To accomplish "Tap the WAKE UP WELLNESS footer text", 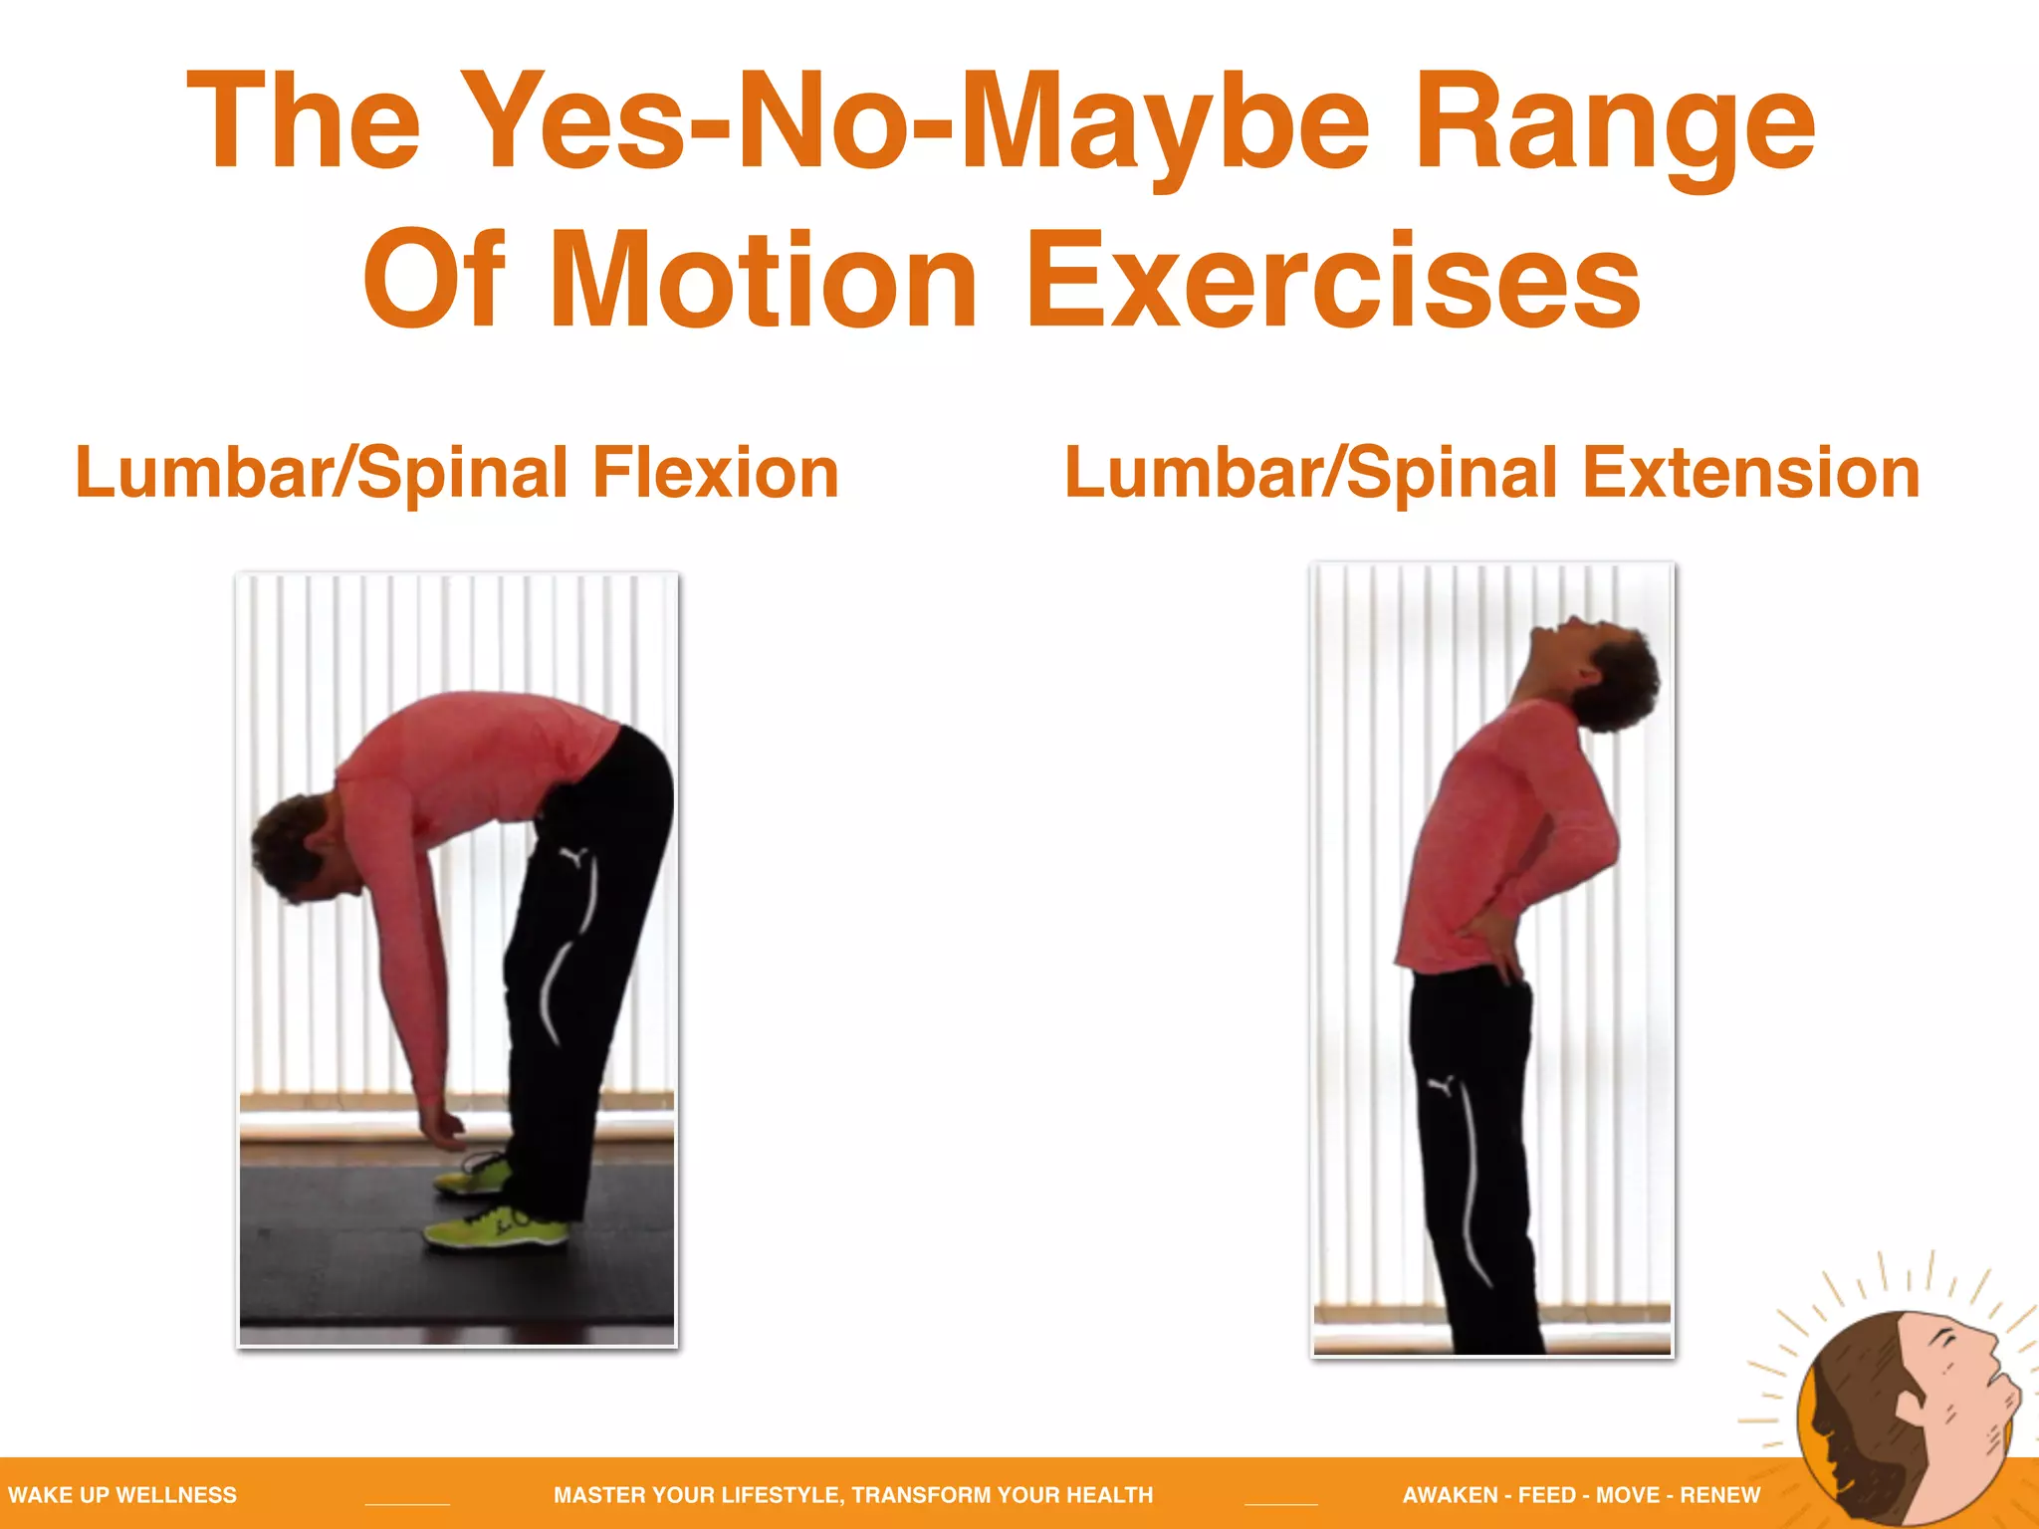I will pyautogui.click(x=122, y=1494).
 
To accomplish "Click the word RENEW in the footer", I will pyautogui.click(x=1719, y=1494).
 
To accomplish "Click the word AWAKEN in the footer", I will pyautogui.click(x=1450, y=1494).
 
